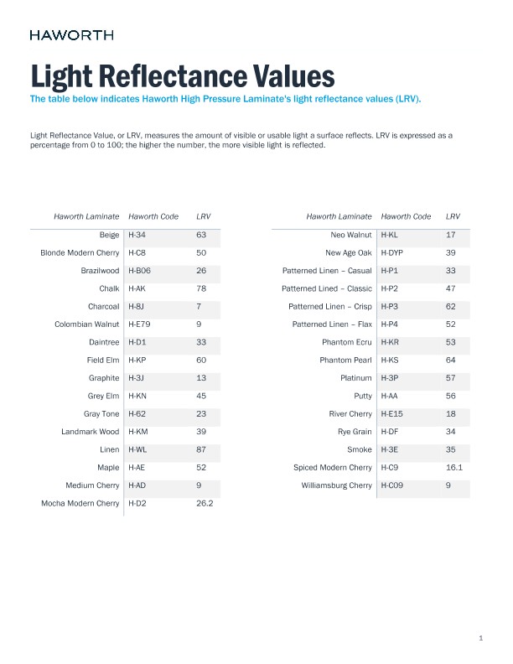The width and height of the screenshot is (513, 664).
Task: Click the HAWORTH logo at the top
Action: tap(71, 35)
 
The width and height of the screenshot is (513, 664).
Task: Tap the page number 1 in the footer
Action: tap(481, 639)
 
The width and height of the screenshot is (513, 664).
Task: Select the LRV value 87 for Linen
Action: tap(201, 450)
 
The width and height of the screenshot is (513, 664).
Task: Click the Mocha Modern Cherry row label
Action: tap(80, 504)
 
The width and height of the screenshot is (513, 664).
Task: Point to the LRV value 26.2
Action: tap(205, 504)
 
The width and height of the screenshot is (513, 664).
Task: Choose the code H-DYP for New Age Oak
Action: tap(392, 252)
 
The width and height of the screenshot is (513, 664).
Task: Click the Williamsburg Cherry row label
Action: tap(336, 485)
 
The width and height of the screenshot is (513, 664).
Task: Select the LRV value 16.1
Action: tap(454, 468)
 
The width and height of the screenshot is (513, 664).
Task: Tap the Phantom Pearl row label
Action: tap(345, 361)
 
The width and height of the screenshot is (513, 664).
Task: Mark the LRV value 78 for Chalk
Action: tap(201, 288)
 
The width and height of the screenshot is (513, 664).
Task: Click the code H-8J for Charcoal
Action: tap(137, 306)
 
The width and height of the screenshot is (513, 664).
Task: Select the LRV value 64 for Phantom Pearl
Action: tap(451, 361)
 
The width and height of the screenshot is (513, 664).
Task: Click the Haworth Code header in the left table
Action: tap(153, 216)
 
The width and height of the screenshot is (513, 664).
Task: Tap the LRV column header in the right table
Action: tap(453, 216)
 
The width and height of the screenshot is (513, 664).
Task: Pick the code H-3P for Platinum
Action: tap(390, 378)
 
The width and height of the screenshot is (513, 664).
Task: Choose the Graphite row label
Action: tap(103, 378)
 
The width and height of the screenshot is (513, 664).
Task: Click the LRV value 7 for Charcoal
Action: tap(199, 306)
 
